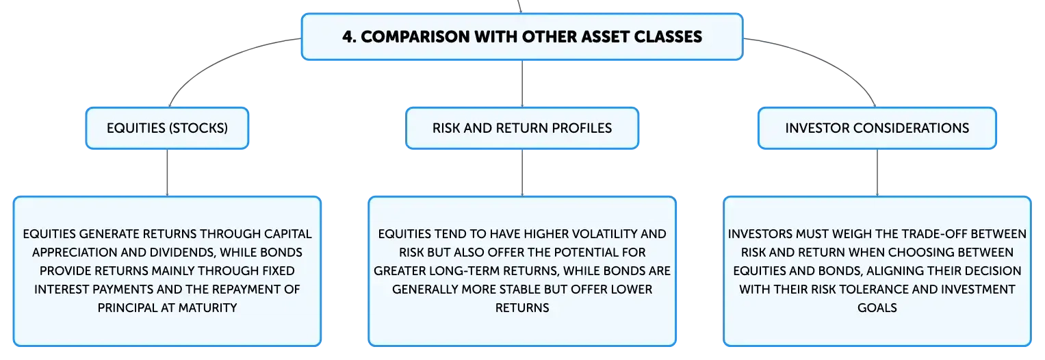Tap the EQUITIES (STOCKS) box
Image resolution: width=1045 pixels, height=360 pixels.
167,128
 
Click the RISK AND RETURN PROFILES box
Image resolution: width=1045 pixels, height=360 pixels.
522,128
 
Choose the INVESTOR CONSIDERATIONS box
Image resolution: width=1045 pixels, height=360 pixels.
877,128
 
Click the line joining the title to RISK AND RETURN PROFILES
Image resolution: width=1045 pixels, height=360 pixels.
522,83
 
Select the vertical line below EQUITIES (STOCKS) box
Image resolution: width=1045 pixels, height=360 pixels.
167,172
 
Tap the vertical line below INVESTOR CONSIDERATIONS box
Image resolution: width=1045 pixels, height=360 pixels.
877,172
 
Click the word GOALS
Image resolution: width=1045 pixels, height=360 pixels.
877,308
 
